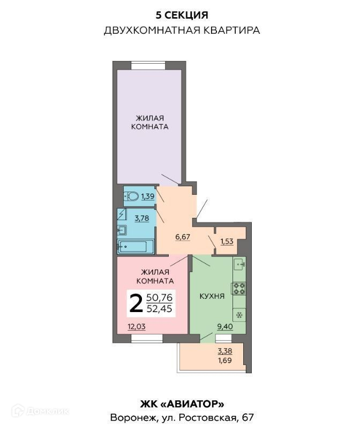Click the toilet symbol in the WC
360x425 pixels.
(131, 196)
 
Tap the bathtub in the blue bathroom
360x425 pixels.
(136, 247)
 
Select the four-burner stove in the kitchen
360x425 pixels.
(239, 289)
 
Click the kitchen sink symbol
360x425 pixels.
(239, 264)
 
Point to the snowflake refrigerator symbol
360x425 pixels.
(239, 315)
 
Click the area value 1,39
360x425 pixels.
(147, 196)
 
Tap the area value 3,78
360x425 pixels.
(142, 218)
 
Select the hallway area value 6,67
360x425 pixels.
(182, 237)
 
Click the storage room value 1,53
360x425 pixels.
(227, 241)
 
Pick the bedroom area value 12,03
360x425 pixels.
(137, 327)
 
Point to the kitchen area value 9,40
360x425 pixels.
(225, 327)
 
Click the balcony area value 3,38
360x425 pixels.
(225, 351)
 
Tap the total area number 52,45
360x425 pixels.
(160, 308)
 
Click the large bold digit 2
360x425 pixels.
(136, 303)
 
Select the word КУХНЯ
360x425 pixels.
(212, 296)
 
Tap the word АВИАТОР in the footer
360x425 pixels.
(192, 405)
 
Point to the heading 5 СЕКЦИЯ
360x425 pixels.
(182, 15)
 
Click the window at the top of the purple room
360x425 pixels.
(148, 66)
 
